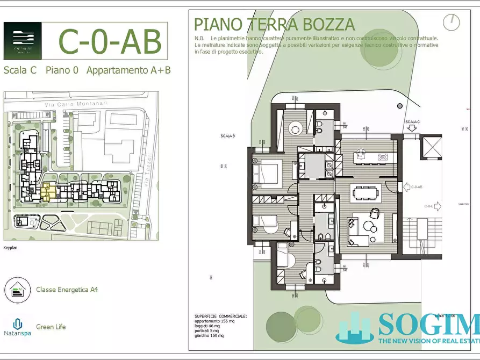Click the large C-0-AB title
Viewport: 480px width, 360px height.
point(109,41)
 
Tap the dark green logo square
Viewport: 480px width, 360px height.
point(22,41)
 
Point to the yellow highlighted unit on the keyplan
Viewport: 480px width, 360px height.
point(48,192)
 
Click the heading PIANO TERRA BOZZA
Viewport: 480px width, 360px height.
point(274,25)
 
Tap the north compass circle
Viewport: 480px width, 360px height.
point(452,22)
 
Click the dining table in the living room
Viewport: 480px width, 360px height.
point(366,192)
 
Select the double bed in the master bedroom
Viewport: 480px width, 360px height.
point(265,174)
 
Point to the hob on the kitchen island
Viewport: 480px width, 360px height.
point(383,157)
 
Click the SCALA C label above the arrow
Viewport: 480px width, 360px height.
point(413,122)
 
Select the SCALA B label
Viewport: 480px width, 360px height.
point(227,136)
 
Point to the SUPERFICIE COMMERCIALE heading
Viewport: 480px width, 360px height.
point(220,316)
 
